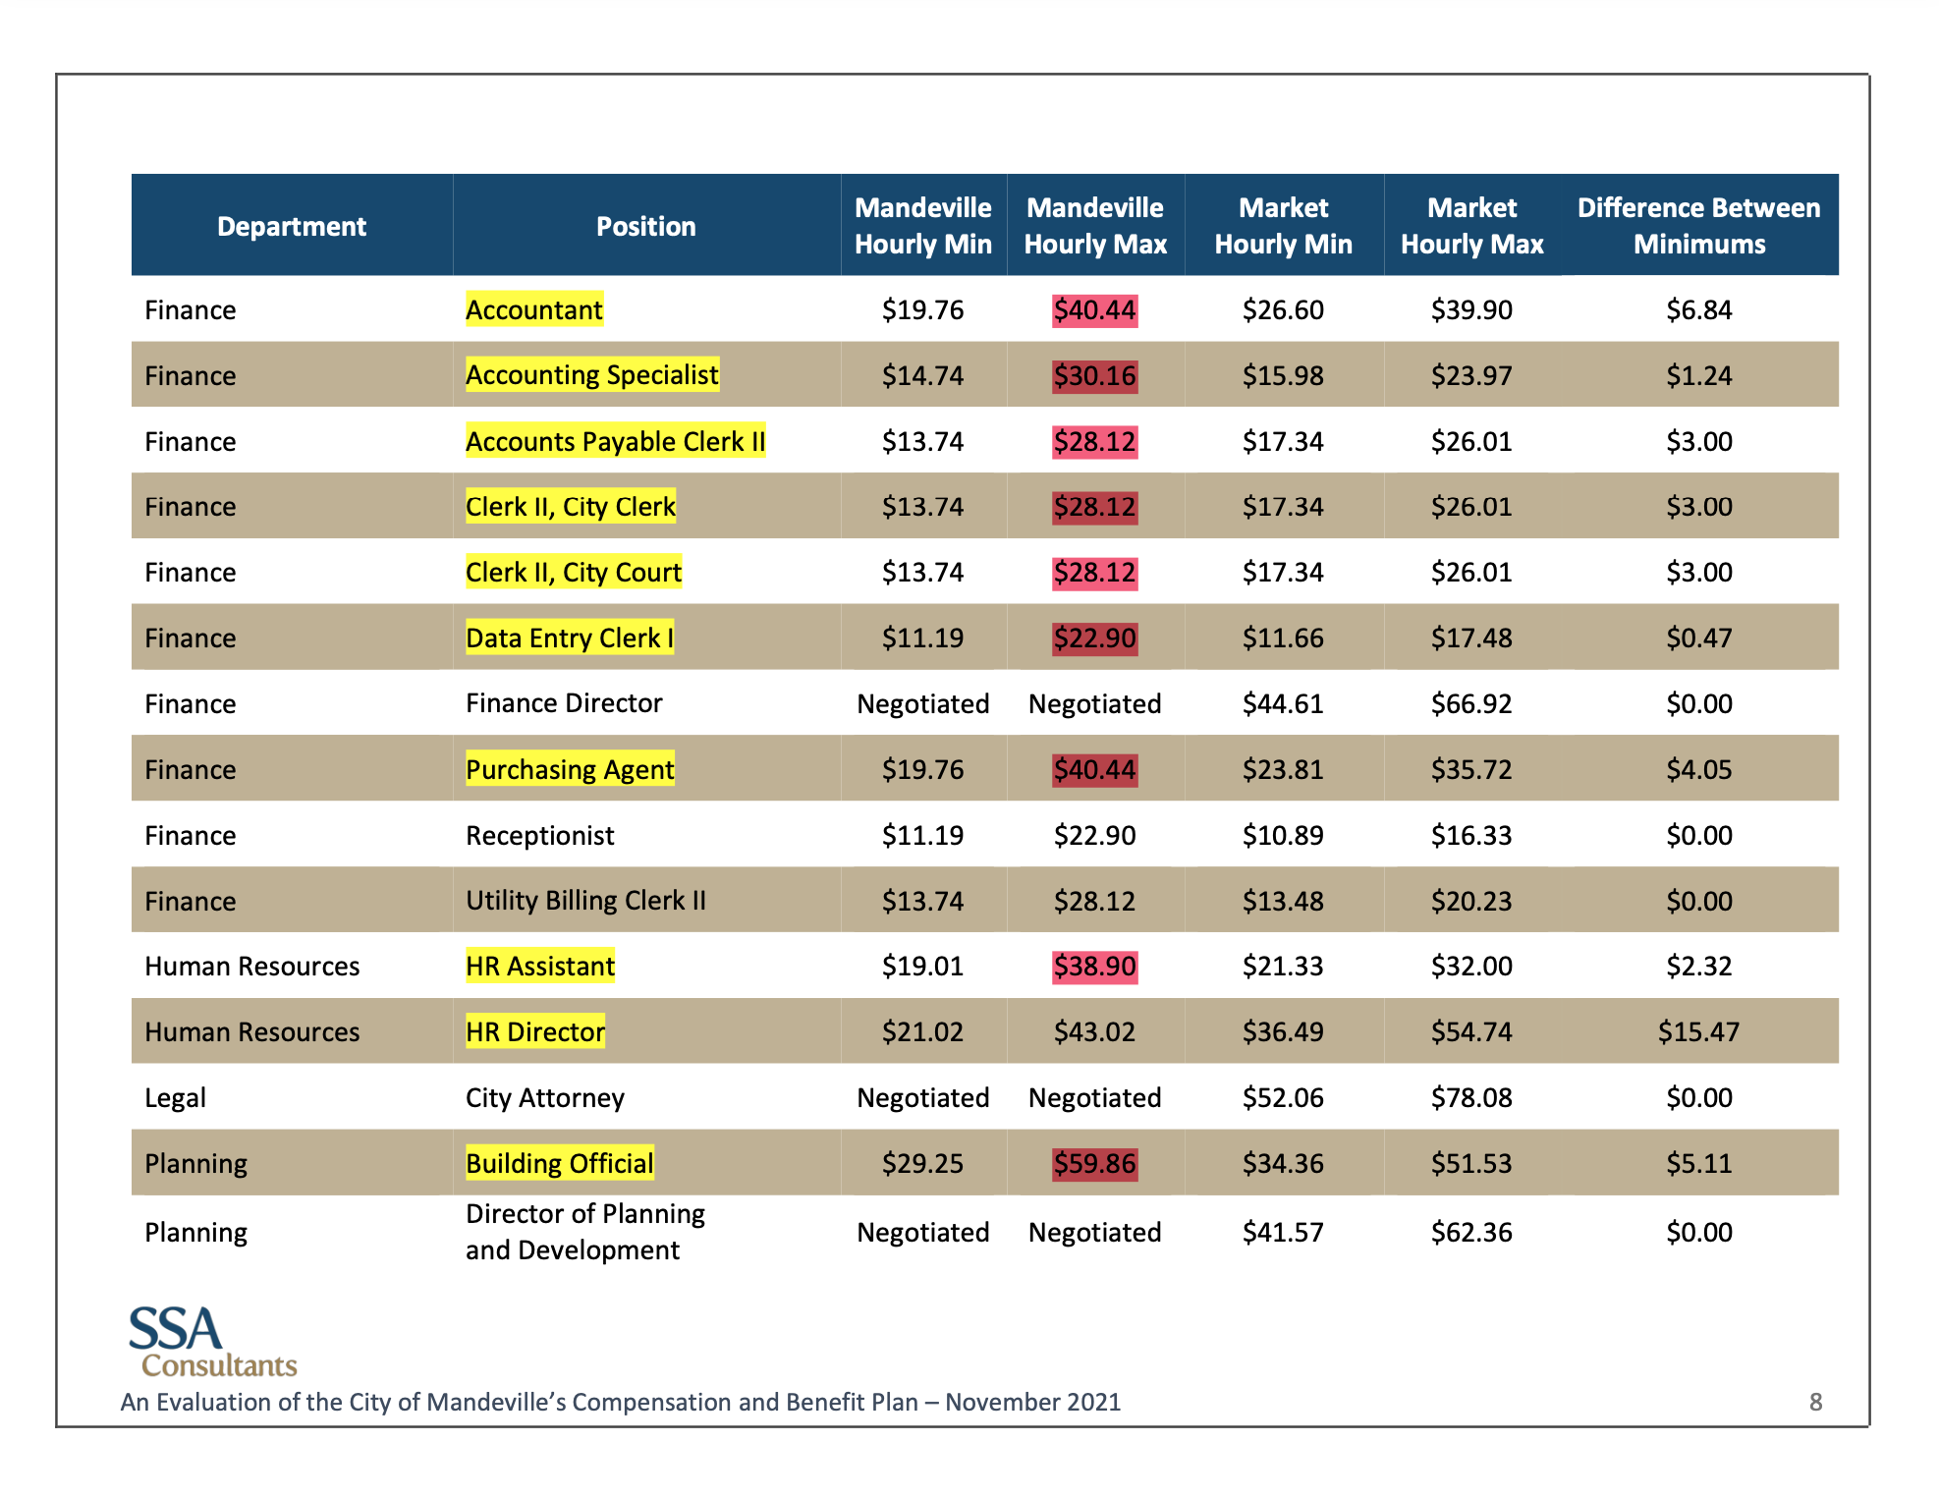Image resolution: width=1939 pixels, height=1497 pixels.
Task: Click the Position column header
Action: click(645, 226)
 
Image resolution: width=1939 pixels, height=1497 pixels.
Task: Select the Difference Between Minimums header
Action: click(1698, 226)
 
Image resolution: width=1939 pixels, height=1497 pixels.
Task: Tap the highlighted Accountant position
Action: click(533, 310)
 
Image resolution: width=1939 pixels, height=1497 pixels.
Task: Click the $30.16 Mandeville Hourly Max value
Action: click(1094, 376)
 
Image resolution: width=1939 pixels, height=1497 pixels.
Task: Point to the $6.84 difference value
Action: click(1698, 310)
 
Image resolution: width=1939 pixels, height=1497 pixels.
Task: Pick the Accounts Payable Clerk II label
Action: click(615, 442)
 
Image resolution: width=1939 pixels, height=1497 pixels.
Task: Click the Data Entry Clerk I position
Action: click(570, 638)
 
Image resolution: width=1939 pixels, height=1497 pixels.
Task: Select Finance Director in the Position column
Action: click(564, 703)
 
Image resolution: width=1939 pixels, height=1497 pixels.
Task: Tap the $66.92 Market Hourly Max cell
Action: click(1470, 704)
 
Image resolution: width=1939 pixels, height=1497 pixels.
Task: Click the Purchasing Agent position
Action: click(570, 770)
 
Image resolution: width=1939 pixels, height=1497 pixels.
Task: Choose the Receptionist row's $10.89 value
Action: click(1283, 836)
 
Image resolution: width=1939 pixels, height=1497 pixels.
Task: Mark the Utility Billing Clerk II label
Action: click(585, 901)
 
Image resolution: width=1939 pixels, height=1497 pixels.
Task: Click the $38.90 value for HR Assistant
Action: click(1094, 967)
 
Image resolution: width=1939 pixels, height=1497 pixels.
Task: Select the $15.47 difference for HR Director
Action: click(1698, 1032)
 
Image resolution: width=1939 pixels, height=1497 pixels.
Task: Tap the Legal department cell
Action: click(176, 1098)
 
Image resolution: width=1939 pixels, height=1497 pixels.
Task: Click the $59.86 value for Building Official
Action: click(1094, 1164)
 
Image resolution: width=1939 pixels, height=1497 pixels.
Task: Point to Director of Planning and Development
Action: click(584, 1232)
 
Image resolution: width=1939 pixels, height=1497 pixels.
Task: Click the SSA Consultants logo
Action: click(211, 1342)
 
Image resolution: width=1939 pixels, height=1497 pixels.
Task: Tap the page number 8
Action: click(1815, 1403)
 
